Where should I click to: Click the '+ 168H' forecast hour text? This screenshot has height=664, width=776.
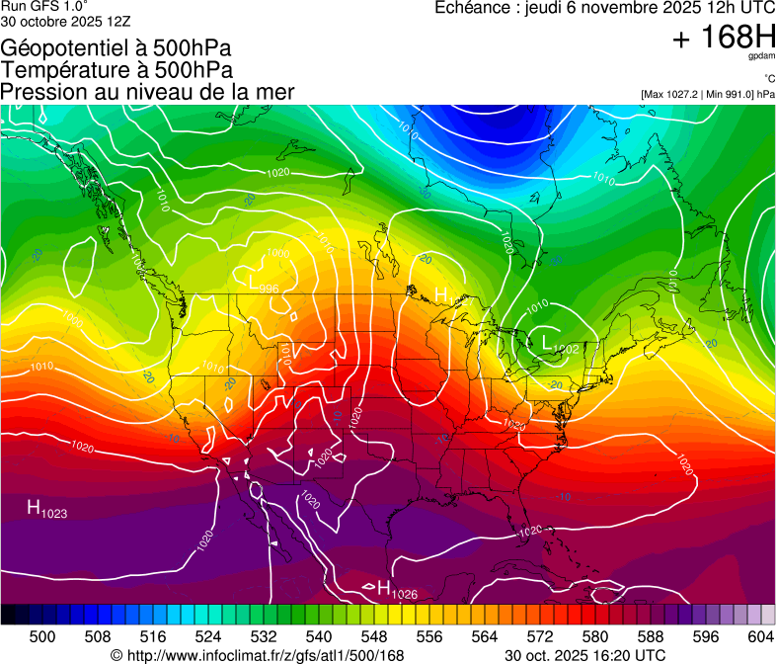[x=723, y=39]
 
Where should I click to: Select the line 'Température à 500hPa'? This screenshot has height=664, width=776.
[x=116, y=70]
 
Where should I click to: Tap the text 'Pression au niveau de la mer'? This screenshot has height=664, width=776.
[x=147, y=92]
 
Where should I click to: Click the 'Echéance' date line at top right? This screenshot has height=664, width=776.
[x=604, y=8]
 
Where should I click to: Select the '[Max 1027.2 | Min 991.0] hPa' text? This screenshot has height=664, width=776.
[x=707, y=94]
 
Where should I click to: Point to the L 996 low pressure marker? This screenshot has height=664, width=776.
[x=264, y=285]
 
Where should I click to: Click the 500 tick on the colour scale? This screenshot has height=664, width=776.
[x=41, y=637]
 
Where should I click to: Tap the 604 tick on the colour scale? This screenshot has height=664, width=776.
[x=759, y=637]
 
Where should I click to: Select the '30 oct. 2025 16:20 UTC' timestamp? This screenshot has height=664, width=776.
[x=584, y=655]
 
